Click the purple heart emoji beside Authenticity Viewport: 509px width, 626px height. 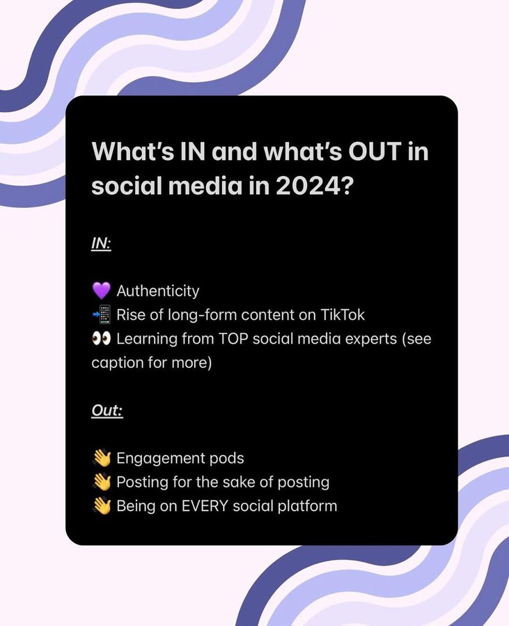(101, 291)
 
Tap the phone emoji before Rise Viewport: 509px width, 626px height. (101, 314)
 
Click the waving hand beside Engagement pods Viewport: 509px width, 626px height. (101, 458)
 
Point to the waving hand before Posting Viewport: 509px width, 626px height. (101, 482)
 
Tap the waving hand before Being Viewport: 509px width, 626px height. (101, 506)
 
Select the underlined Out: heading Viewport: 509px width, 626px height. (107, 411)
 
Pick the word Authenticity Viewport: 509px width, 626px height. (157, 291)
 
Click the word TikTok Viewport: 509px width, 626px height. (340, 314)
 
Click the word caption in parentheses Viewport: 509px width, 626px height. (116, 362)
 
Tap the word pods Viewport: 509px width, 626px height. (228, 458)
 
